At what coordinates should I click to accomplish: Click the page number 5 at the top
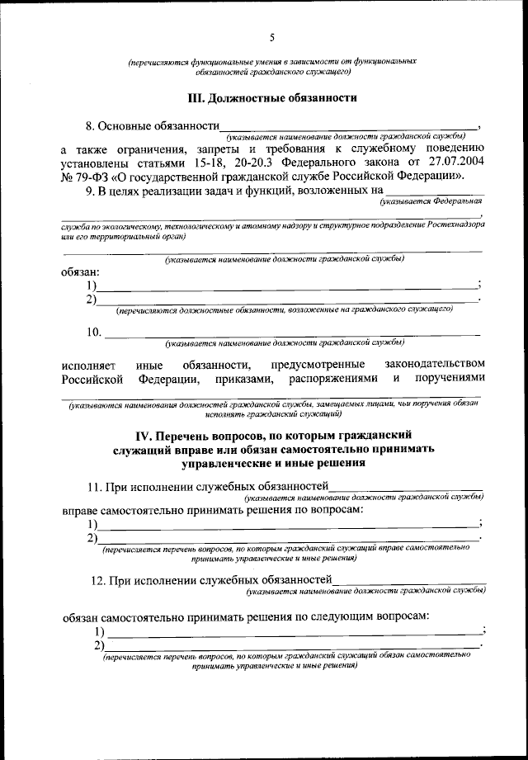pyautogui.click(x=271, y=37)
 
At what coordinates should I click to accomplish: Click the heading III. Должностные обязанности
pyautogui.click(x=272, y=97)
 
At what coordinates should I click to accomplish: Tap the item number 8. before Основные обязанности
pyautogui.click(x=92, y=127)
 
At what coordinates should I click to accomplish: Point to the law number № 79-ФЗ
pyautogui.click(x=85, y=177)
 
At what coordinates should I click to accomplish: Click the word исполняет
pyautogui.click(x=88, y=365)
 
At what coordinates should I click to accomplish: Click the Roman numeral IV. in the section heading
pyautogui.click(x=145, y=435)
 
